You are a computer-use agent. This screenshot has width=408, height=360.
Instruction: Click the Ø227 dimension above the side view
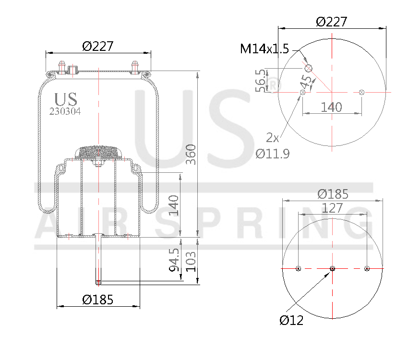coord(97,46)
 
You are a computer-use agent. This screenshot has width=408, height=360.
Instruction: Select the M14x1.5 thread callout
coord(264,49)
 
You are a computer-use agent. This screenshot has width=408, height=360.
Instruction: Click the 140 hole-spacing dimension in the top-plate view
coord(331,107)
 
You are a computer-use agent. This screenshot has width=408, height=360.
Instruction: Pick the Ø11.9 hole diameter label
coord(272,154)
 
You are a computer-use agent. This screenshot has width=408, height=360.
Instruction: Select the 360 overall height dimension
coord(191,154)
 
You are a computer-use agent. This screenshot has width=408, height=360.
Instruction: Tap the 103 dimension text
coord(192,261)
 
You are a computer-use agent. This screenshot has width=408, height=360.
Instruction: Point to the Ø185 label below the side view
coord(97,300)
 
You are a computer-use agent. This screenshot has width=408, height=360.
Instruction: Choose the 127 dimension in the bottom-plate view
coord(332,208)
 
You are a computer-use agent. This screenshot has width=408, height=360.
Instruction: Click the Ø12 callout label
coord(291,320)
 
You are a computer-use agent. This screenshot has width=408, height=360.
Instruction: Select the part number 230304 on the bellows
coord(65,111)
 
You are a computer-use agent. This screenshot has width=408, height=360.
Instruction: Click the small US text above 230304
coord(65,99)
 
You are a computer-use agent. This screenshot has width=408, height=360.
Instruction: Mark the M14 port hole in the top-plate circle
coord(309,68)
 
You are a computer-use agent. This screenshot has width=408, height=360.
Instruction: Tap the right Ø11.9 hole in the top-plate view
coord(361,92)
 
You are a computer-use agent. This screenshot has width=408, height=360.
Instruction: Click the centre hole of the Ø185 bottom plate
coord(332,268)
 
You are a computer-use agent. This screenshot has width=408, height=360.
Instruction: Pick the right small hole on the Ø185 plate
coord(367,268)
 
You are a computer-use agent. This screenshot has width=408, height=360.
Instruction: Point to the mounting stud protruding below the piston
coord(98,259)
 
